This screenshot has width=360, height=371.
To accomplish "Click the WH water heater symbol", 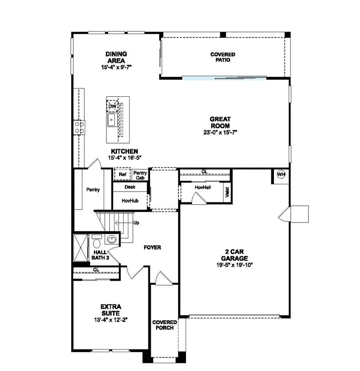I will (x=281, y=175).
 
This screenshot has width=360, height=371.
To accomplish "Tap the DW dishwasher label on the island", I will (x=112, y=106).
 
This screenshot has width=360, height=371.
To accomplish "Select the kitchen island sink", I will (x=112, y=119).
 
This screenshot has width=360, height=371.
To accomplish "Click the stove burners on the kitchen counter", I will (x=79, y=127).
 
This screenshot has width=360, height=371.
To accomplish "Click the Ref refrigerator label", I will (x=122, y=175).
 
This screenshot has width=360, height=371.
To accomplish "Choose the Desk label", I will (x=130, y=187).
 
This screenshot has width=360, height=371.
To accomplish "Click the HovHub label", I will (x=130, y=200).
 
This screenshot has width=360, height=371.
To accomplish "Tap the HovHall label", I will (x=203, y=187).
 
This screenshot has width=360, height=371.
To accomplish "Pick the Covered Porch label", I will (x=163, y=325).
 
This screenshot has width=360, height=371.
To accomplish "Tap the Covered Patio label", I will (x=223, y=57).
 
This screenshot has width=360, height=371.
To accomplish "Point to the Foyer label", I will (x=152, y=247).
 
